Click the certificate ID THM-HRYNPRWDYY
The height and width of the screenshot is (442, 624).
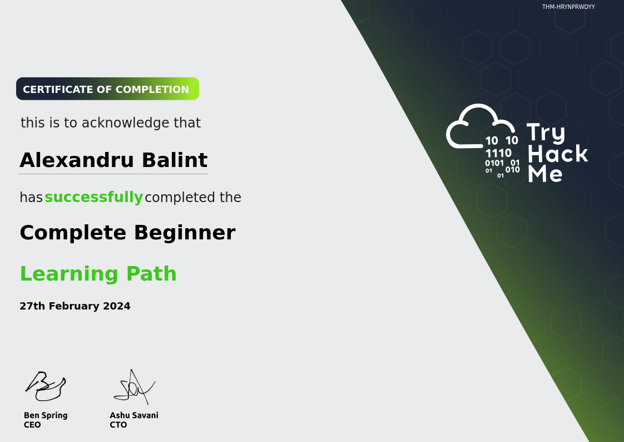coord(568,7)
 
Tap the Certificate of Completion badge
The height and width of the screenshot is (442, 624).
coord(107,89)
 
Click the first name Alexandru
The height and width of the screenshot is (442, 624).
coord(77,160)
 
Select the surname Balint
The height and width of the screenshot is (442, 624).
coord(175,160)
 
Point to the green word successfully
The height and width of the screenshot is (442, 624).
coord(93,197)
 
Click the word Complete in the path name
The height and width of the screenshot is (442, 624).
coord(73,233)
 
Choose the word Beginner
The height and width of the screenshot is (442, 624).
coord(185,233)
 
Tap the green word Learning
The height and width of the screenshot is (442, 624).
coord(70,274)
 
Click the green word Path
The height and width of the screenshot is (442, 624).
coord(151,273)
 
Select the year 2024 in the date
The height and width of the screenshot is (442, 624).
coord(117,306)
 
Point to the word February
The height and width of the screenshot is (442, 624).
coord(74,306)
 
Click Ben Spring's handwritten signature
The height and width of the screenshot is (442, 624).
coord(46,386)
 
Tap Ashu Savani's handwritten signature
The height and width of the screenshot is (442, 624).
coord(135,387)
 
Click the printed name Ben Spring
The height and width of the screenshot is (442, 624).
coord(46,416)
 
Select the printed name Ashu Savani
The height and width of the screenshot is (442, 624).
coord(134,415)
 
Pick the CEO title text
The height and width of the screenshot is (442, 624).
coord(32,425)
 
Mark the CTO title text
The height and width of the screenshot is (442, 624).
coord(118,425)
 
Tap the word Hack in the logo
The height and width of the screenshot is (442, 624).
coord(558,154)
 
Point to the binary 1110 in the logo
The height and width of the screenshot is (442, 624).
coord(498,153)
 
